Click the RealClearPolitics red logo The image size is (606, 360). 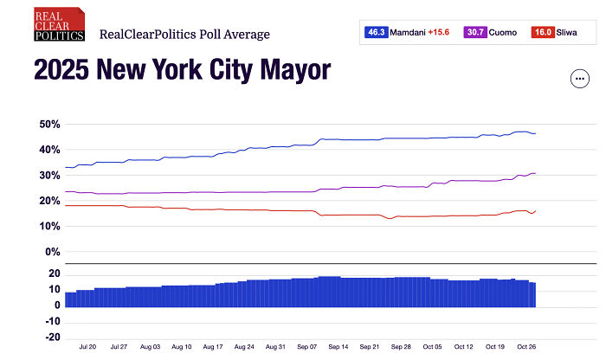59,25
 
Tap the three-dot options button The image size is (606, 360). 579,79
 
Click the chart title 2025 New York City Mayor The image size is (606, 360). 182,70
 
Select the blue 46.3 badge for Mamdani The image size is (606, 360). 377,32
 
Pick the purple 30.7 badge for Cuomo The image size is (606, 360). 475,32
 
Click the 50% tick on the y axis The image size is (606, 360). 49,125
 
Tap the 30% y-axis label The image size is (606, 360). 49,176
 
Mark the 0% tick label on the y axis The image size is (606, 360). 52,252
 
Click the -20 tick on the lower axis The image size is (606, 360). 51,337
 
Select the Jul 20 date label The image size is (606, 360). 87,346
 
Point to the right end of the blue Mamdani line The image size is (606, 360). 536,133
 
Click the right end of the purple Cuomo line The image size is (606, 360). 536,173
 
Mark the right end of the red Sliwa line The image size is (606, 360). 536,210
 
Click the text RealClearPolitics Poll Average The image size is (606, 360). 185,35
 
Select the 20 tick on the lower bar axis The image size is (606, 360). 54,274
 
